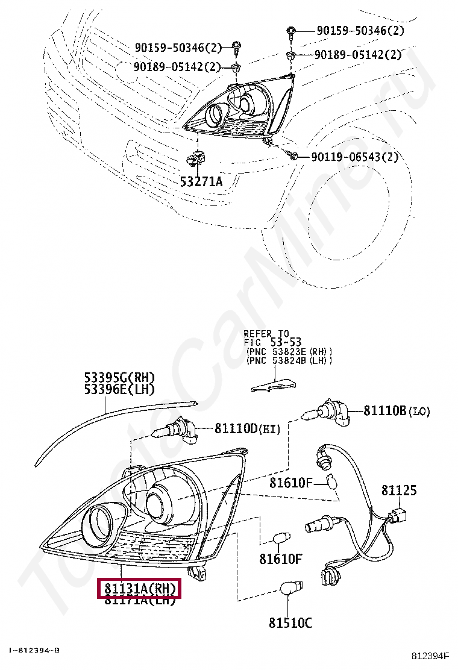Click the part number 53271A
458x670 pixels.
click(x=201, y=181)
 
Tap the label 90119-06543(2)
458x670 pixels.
click(x=355, y=158)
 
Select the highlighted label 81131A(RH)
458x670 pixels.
click(x=139, y=588)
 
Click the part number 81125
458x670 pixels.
click(x=398, y=491)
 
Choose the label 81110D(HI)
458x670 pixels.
click(x=248, y=428)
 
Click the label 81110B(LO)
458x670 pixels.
click(x=397, y=411)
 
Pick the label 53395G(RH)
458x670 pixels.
click(x=119, y=378)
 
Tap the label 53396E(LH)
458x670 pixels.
click(x=119, y=390)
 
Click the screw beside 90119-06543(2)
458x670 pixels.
click(x=294, y=156)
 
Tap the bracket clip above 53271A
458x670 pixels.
click(x=197, y=158)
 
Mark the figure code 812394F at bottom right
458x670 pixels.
click(x=430, y=655)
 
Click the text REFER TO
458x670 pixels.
click(x=266, y=333)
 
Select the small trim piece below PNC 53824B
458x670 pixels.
click(x=274, y=383)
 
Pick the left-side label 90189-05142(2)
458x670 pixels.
click(x=178, y=66)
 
